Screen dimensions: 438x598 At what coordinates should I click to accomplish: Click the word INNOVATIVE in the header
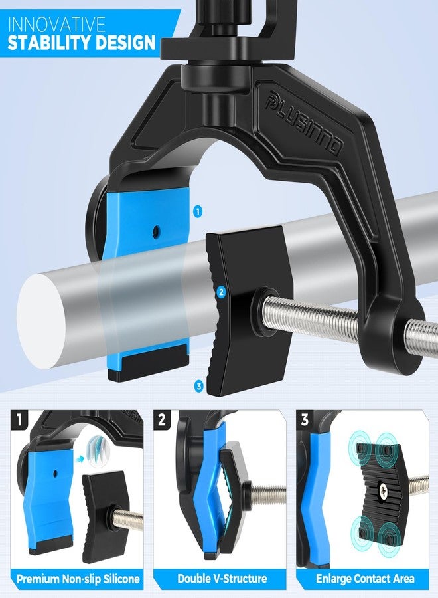56,25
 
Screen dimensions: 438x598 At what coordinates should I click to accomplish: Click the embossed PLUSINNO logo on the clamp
303,124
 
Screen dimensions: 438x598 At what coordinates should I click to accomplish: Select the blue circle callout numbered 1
197,211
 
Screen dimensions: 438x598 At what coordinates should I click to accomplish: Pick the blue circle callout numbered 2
220,292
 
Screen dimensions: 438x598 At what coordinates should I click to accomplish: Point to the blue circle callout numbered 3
198,386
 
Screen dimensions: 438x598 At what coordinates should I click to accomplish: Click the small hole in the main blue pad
156,230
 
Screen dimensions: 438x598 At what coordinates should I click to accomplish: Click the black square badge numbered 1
19,420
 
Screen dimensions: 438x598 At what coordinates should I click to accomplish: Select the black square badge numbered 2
162,420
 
